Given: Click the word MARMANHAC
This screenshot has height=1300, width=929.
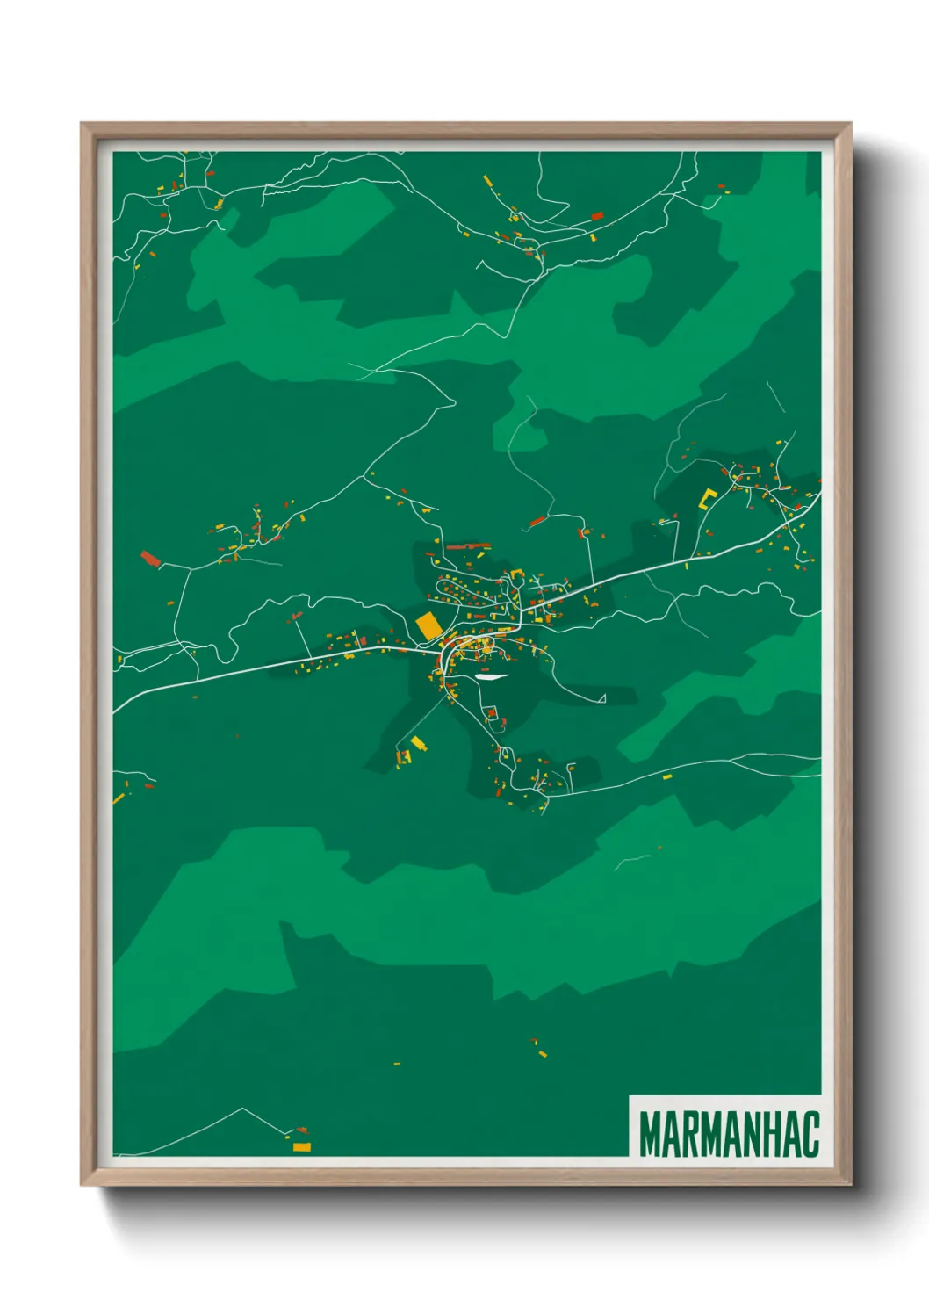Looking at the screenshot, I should (x=729, y=1134).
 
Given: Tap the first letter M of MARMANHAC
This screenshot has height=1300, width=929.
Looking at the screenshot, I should (x=651, y=1134).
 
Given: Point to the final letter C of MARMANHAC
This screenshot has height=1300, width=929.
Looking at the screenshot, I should (x=810, y=1134).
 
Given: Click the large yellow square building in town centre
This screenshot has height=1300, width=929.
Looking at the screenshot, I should (x=428, y=626).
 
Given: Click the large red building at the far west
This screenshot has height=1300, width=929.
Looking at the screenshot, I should (x=151, y=559).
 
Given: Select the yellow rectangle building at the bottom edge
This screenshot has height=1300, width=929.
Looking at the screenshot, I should (x=301, y=1147).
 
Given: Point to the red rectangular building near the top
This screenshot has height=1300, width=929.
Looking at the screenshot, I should (x=597, y=215).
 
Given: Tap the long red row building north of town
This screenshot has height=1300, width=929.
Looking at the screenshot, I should (x=468, y=546).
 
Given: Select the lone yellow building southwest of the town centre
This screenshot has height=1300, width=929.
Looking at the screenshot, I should (x=418, y=744).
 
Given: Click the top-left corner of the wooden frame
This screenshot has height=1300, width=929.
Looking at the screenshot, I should (x=83, y=125).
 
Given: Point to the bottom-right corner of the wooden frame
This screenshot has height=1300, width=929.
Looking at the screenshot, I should (x=849, y=1184).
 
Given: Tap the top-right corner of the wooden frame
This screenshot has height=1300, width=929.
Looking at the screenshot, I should (x=849, y=125).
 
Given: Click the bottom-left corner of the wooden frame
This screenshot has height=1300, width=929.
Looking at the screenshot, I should (x=83, y=1184).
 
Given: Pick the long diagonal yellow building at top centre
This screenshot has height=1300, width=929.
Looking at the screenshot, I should (x=487, y=181).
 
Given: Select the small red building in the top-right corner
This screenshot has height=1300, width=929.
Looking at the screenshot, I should (x=722, y=187).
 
